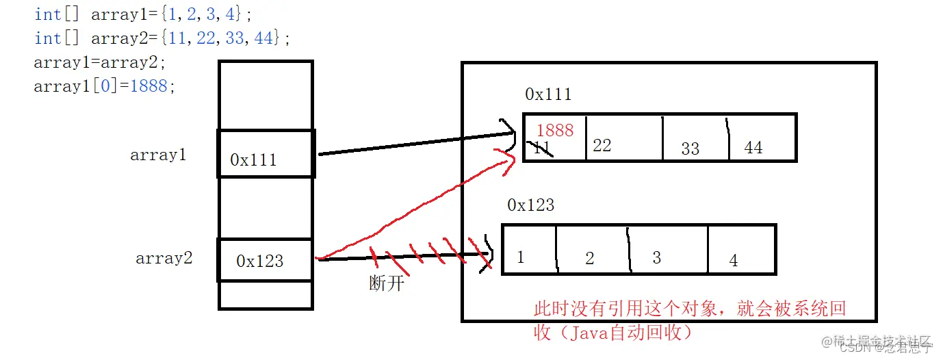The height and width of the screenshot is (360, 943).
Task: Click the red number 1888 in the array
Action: (x=554, y=130)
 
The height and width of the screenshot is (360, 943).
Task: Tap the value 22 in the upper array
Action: (x=602, y=146)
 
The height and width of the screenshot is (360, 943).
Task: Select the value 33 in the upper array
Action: (x=690, y=149)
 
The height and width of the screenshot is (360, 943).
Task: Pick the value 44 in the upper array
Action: (x=753, y=147)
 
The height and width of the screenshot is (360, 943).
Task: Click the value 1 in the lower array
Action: (x=521, y=257)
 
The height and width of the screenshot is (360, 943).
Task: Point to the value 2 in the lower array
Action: (x=590, y=258)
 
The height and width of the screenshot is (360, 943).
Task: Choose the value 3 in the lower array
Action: (x=656, y=257)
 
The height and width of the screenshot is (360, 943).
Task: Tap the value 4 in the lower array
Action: (x=734, y=260)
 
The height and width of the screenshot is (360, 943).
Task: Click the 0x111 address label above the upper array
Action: (x=548, y=94)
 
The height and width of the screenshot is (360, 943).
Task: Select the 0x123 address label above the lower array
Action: (x=531, y=205)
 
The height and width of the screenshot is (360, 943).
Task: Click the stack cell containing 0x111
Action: (x=266, y=154)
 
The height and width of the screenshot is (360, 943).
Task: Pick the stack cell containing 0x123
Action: (x=265, y=260)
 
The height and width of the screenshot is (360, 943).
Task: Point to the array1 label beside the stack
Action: (x=158, y=155)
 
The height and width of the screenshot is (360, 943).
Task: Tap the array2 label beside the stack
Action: (x=164, y=259)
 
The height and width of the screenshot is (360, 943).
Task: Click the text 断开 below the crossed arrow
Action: (x=387, y=283)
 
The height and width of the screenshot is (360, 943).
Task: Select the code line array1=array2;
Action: (x=100, y=62)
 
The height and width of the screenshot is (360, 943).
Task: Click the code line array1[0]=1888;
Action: (x=105, y=86)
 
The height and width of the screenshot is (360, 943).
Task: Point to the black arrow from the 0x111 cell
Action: (x=411, y=145)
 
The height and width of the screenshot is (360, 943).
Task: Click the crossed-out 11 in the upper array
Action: (x=541, y=148)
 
